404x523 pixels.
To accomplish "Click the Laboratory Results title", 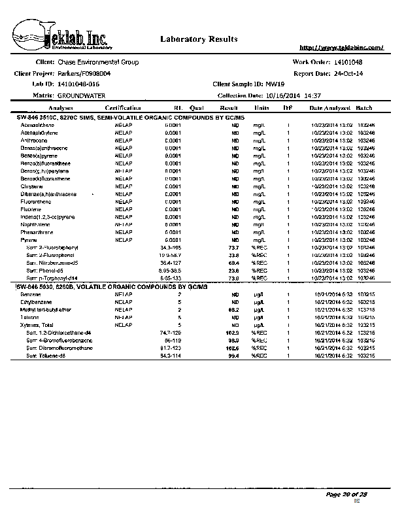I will (194, 39).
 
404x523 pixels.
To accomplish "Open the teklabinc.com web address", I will (341, 48).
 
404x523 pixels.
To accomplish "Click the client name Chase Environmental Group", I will (98, 62).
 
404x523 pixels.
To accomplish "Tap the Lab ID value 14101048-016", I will (78, 84).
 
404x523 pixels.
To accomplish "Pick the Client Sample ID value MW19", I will (276, 84).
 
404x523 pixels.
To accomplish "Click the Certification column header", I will (123, 107).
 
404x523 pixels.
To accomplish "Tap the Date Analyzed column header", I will (329, 107).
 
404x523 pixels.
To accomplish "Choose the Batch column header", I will (365, 107).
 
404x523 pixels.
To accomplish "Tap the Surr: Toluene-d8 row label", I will (48, 356).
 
